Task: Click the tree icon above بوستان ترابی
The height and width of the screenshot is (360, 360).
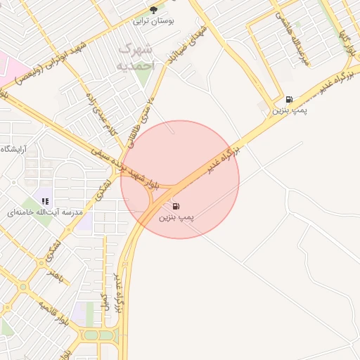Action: coord(153,10)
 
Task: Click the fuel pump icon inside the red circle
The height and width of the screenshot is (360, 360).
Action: coord(176,207)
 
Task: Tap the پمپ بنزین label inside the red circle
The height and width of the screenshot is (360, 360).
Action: coord(176,219)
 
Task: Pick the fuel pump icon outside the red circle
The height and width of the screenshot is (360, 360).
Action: coord(289,100)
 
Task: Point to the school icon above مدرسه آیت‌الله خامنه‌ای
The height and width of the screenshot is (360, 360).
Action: coord(45,201)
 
